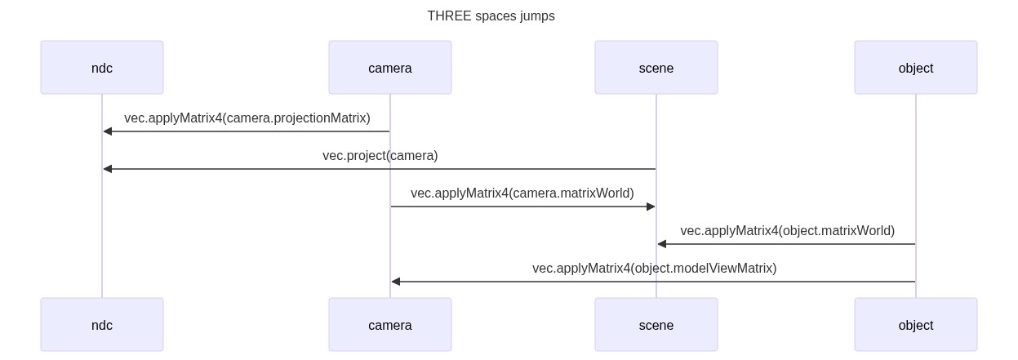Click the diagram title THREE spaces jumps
point(491,16)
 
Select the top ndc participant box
point(102,68)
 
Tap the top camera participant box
point(390,68)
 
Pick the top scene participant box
point(656,68)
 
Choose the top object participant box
point(916,68)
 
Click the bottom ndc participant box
point(102,325)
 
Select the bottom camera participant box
point(390,325)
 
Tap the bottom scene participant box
point(656,325)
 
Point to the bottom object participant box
point(916,325)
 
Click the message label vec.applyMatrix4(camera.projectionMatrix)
point(247,118)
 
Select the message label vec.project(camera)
point(380,156)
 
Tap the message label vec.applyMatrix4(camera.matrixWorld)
point(522,193)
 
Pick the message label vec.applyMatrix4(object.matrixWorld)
point(787,231)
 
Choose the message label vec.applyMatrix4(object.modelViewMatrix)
point(654,269)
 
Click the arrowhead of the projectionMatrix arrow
point(108,131)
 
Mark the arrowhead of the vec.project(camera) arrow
point(108,169)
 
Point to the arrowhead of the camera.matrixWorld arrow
point(651,207)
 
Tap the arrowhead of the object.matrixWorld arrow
point(662,244)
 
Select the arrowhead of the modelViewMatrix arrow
point(396,282)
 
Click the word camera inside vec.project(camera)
point(411,156)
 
